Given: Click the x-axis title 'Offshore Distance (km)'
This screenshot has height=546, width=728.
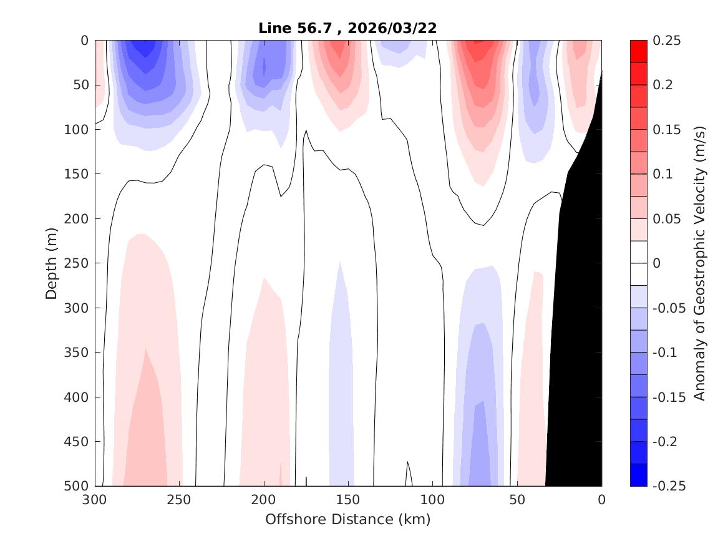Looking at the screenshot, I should [347, 519].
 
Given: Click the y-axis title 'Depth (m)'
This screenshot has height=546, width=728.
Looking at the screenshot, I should [52, 263].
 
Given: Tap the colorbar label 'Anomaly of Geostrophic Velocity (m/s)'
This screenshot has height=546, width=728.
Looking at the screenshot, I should [699, 263].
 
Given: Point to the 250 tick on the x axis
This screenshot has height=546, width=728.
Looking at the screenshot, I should [179, 500].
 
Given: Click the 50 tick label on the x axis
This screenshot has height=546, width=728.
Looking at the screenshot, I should [517, 500].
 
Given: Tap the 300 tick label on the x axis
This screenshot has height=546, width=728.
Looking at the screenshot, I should [95, 500].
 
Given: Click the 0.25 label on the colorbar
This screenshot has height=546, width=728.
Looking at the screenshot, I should [666, 41].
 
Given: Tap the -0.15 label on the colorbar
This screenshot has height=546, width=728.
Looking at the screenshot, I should [668, 397].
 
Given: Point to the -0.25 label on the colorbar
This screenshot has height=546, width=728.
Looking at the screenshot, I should [668, 486].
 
